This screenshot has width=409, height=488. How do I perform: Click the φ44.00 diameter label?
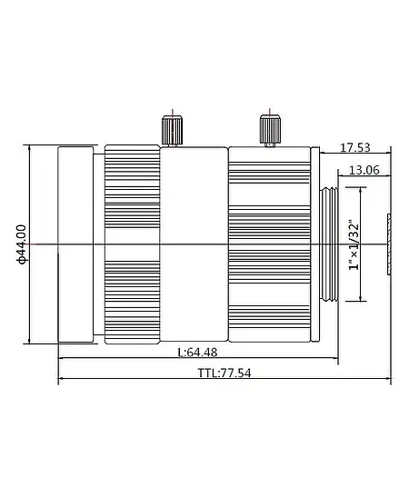tap(20, 244)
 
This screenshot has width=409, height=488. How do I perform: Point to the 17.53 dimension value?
tap(354, 146)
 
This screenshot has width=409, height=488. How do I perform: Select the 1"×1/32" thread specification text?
tap(354, 244)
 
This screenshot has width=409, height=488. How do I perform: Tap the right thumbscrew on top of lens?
tap(267, 128)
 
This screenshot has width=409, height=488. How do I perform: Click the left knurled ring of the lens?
tap(133, 244)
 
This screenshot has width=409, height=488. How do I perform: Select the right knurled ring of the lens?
tap(269, 244)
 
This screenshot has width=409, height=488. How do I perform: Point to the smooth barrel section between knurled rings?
tap(194, 244)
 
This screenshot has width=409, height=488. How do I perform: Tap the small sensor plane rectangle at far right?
tap(388, 244)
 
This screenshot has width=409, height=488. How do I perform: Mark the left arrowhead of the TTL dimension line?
tap(61, 381)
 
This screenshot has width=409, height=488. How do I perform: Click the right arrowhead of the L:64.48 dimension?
tap(335, 359)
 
